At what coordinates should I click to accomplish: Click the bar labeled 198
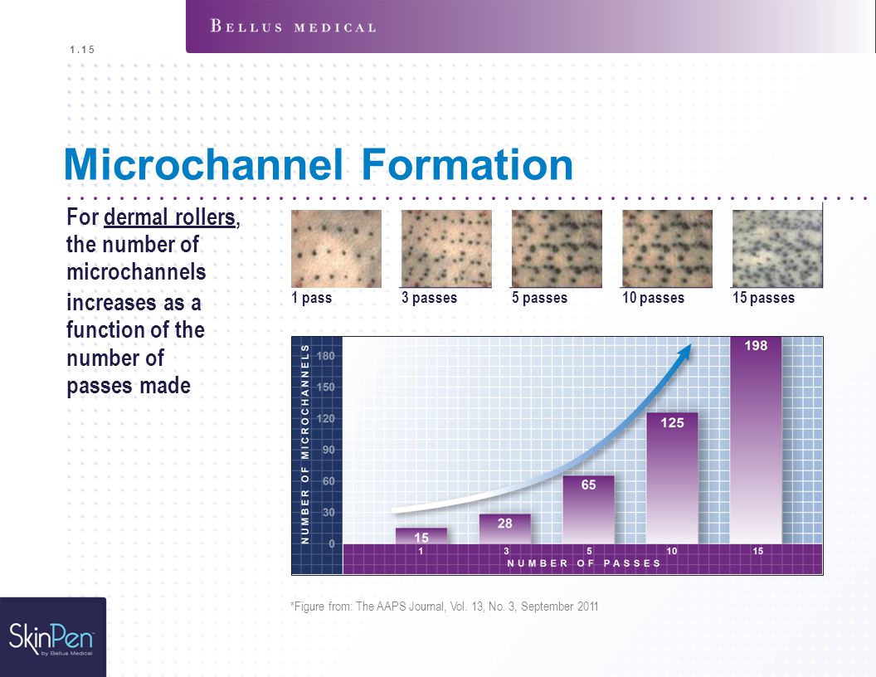click(x=756, y=441)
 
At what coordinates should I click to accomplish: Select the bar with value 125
click(x=672, y=478)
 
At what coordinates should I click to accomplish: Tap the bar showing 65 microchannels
click(x=588, y=509)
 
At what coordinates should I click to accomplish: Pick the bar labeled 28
click(x=504, y=529)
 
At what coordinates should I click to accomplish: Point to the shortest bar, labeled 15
click(x=421, y=536)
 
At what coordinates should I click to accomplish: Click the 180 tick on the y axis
click(x=326, y=356)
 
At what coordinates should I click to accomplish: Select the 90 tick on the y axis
click(x=328, y=451)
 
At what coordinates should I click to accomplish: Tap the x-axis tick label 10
click(x=672, y=552)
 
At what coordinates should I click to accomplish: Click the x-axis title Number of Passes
click(x=584, y=563)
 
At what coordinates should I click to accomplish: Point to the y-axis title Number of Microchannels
click(x=305, y=444)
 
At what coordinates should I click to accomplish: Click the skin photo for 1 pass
click(x=336, y=249)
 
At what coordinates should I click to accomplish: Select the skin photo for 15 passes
click(x=777, y=249)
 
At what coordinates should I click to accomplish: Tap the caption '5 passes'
click(x=540, y=298)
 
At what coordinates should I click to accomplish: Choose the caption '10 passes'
click(x=653, y=298)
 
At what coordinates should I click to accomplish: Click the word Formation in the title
click(x=467, y=164)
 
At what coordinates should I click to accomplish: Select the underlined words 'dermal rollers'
click(x=170, y=217)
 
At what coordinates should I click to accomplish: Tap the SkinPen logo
click(x=52, y=638)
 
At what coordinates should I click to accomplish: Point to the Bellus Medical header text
click(x=294, y=27)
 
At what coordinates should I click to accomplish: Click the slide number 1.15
click(x=82, y=50)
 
